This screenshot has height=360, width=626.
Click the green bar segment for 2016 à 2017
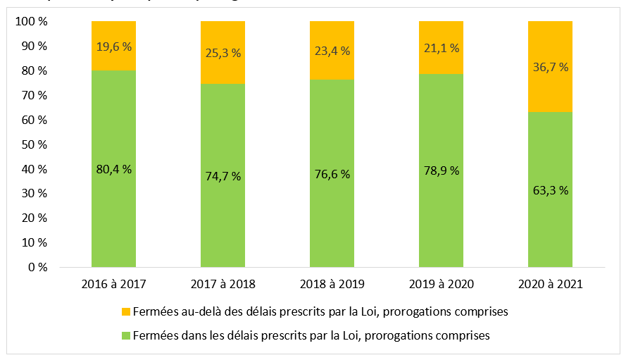pyautogui.click(x=113, y=211)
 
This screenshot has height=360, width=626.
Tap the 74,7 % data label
pyautogui.click(x=223, y=176)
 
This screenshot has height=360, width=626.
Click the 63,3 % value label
pyautogui.click(x=550, y=190)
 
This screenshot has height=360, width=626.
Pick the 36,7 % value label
pyautogui.click(x=550, y=67)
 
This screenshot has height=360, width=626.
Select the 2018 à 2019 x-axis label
pyautogui.click(x=332, y=285)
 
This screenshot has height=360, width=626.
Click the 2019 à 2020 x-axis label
pyautogui.click(x=441, y=285)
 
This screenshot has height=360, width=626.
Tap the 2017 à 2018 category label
pyautogui.click(x=223, y=285)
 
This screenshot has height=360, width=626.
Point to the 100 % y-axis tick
pyautogui.click(x=32, y=22)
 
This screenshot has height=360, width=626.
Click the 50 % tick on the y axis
pyautogui.click(x=35, y=144)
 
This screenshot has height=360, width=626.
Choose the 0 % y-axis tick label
pyautogui.click(x=37, y=268)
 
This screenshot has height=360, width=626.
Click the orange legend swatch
pyautogui.click(x=126, y=311)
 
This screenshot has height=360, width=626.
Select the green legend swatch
pyautogui.click(x=126, y=336)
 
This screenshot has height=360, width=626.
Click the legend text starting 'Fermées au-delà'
pyautogui.click(x=320, y=311)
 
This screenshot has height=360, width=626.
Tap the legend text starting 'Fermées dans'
pyautogui.click(x=311, y=336)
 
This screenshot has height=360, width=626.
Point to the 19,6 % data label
pyautogui.click(x=113, y=47)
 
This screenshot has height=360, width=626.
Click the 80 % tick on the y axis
pyautogui.click(x=35, y=71)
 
